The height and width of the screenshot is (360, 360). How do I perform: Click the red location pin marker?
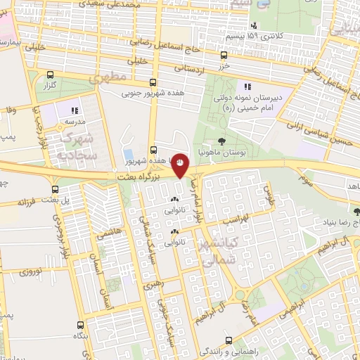coord(180,164)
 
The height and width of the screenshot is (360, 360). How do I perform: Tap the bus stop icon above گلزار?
coord(50,74)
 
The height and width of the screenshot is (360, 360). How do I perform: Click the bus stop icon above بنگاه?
coord(80,326)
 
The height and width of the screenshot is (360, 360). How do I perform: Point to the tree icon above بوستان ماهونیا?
coord(222,142)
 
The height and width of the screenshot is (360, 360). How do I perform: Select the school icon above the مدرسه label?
coord(75,110)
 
